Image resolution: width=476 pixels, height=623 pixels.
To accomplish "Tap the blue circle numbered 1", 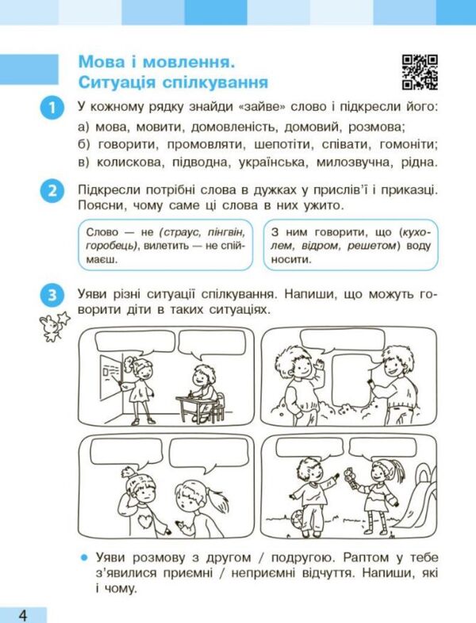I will (x=51, y=108).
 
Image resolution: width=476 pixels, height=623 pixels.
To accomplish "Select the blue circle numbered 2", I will (x=51, y=193).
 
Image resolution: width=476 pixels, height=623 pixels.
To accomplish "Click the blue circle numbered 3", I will (x=51, y=296).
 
